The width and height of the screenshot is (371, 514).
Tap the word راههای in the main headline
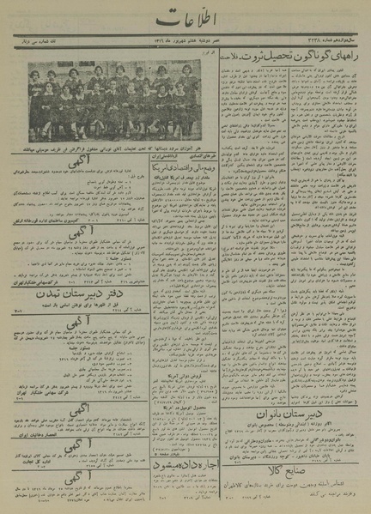344,61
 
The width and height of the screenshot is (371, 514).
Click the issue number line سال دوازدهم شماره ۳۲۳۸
335,45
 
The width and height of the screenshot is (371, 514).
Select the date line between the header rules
185,45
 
